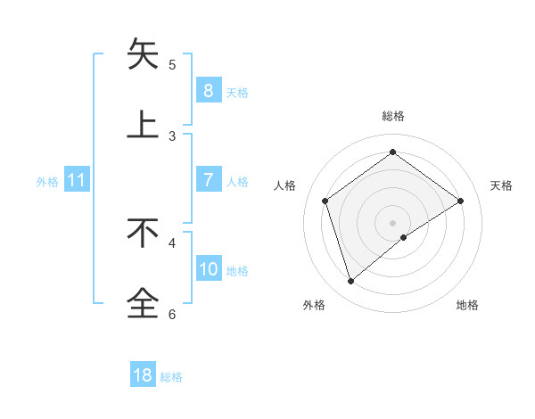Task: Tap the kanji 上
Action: tap(143, 125)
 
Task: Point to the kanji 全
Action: tap(143, 303)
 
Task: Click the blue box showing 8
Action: tap(208, 90)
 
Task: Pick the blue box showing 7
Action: tap(208, 180)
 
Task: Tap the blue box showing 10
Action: tap(209, 269)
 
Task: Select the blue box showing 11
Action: tap(76, 180)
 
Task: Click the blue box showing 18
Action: tap(143, 375)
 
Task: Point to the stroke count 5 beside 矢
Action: tap(172, 64)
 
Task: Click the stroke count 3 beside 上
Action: tap(172, 136)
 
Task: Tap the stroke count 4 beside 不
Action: tap(172, 242)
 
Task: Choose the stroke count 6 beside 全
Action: tap(172, 314)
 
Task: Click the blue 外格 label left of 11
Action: tap(47, 181)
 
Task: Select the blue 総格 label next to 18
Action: tap(171, 376)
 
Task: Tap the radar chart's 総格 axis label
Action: tap(392, 116)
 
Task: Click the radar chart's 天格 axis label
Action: tap(502, 185)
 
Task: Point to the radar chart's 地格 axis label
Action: tap(467, 305)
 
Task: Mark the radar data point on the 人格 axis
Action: tap(325, 201)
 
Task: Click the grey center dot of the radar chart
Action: tap(392, 222)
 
